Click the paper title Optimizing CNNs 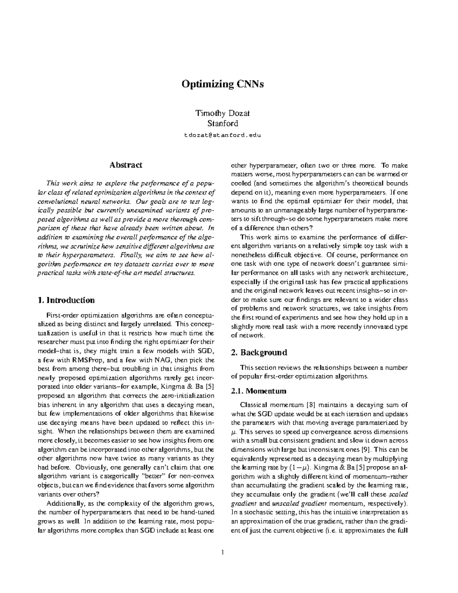coord(223,84)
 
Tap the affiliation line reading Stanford coord(223,123)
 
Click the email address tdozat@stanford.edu coord(223,135)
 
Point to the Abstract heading coord(126,165)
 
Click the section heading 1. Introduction coord(66,300)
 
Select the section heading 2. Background coord(259,352)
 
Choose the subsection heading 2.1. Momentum coord(259,391)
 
